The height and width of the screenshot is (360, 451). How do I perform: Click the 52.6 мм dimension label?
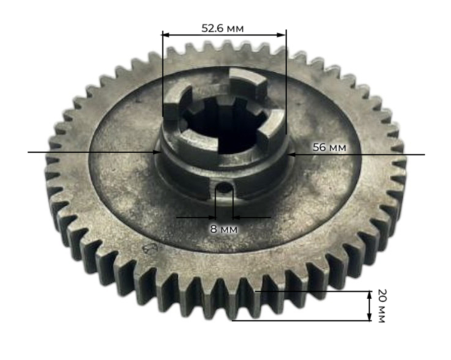pos(222,28)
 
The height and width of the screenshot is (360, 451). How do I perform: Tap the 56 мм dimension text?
pos(330,147)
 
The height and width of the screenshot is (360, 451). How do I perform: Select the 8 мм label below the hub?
pos(224,229)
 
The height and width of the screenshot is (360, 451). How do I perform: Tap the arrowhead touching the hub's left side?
pos(158,152)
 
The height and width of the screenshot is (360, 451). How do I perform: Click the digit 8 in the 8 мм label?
pos(214,229)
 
